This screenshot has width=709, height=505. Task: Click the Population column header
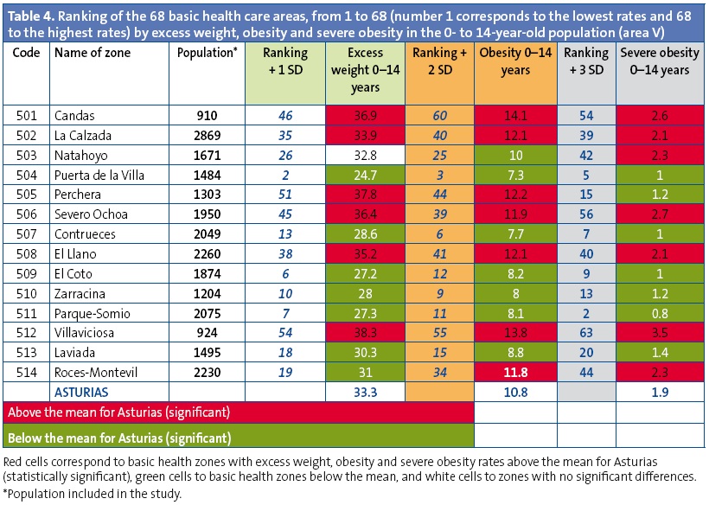pyautogui.click(x=207, y=54)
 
